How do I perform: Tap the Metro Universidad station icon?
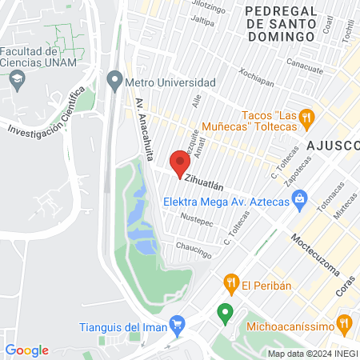pyautogui.click(x=114, y=82)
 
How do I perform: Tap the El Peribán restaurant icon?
pyautogui.click(x=231, y=282)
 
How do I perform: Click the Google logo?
pyautogui.click(x=27, y=350)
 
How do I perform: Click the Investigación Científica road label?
pyautogui.click(x=46, y=114)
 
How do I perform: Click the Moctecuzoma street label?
pyautogui.click(x=312, y=253)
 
